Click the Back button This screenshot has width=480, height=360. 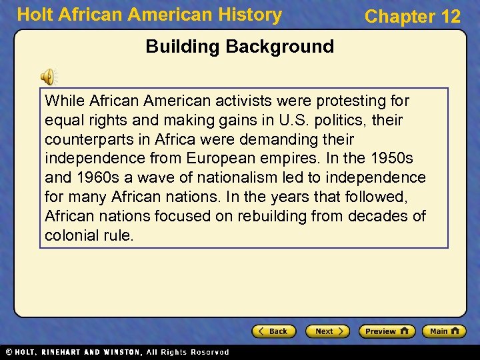click(x=273, y=331)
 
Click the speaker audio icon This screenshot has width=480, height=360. click(x=49, y=77)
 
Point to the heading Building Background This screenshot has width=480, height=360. click(x=239, y=47)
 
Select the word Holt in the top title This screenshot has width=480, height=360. click(x=35, y=15)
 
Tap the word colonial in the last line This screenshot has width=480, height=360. click(x=69, y=235)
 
